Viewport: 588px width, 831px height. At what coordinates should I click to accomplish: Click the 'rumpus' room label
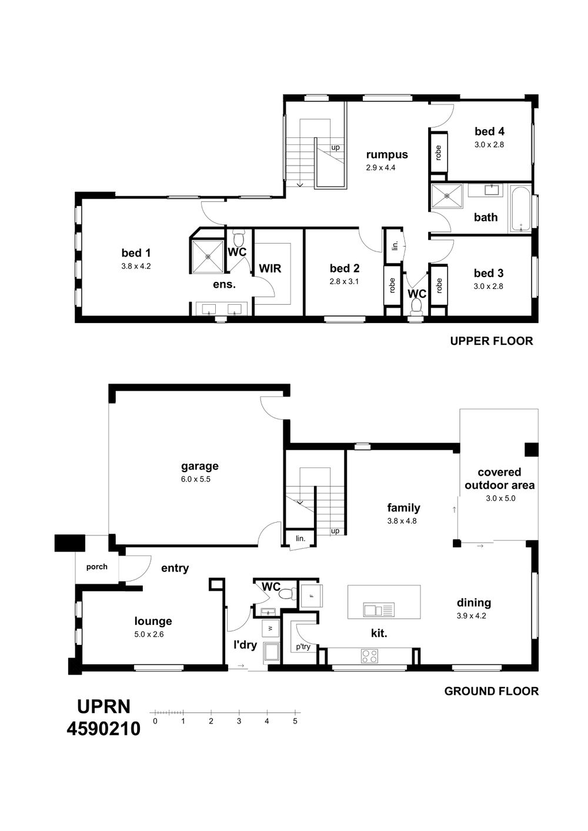point(387,154)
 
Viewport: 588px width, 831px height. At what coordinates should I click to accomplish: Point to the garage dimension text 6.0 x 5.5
point(195,479)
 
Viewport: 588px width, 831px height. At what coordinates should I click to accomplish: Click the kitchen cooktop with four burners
point(369,655)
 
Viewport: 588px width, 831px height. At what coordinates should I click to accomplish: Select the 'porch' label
point(96,567)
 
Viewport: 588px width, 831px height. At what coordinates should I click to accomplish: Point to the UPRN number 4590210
point(103,729)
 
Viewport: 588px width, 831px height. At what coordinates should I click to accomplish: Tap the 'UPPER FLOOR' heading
point(492,341)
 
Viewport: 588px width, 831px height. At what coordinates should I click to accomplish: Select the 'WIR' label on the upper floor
point(270,268)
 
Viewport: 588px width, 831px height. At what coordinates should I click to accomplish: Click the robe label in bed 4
point(438,153)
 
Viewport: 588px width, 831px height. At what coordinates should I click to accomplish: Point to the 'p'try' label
point(303,647)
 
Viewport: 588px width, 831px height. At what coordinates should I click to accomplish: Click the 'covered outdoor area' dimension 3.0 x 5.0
point(500,498)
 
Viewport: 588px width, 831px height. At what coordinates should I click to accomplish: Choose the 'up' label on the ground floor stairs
point(335,531)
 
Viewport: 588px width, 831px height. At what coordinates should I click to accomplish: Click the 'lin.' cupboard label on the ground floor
point(300,538)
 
